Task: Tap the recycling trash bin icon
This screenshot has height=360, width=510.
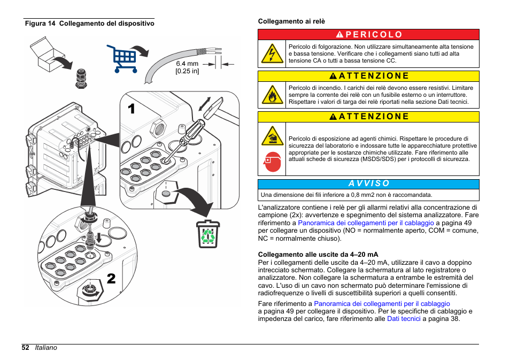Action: [207, 234]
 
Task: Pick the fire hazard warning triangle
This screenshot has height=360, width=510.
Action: [272, 95]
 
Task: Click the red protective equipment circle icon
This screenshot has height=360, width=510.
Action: [272, 161]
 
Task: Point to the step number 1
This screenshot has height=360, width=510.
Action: [132, 108]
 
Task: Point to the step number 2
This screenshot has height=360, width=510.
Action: [111, 279]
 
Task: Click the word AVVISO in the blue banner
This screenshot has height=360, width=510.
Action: [369, 183]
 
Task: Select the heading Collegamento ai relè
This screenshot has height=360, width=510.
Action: [291, 21]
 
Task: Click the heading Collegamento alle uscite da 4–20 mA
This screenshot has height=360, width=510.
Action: [318, 255]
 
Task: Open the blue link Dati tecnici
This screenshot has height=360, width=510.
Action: [404, 319]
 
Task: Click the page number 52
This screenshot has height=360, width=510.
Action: [26, 348]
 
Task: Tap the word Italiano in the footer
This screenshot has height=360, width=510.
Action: [46, 348]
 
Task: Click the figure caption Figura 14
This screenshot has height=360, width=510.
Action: [40, 24]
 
